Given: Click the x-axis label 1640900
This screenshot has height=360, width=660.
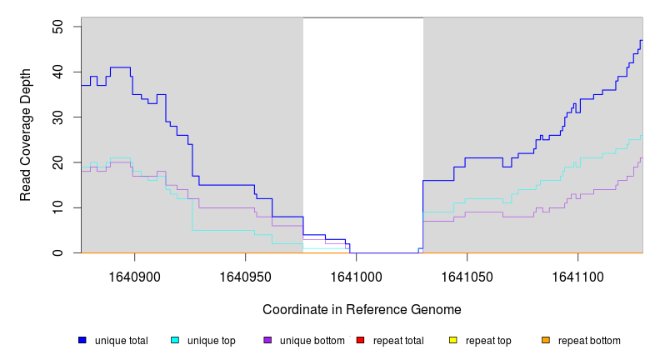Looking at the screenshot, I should (134, 276).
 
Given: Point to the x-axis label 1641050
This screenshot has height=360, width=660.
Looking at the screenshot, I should (467, 276).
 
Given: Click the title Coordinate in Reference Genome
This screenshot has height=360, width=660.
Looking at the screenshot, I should (362, 309).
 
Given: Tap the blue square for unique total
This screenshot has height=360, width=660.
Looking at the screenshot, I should (82, 340).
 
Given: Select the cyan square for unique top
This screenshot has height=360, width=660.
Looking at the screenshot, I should (175, 340).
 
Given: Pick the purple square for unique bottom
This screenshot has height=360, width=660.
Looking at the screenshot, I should (267, 340).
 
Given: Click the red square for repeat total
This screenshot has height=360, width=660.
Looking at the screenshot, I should (360, 340).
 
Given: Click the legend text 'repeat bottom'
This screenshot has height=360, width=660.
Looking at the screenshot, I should (589, 341).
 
